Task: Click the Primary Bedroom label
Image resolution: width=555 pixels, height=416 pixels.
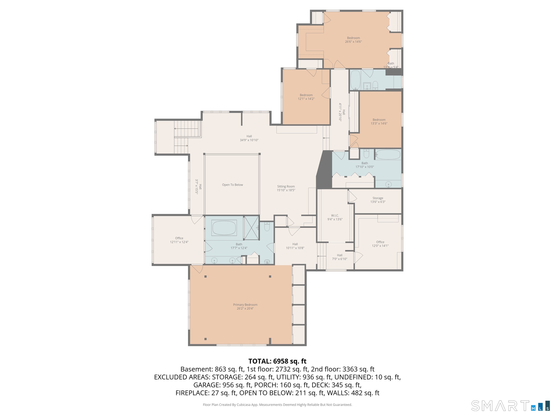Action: click(x=245, y=305)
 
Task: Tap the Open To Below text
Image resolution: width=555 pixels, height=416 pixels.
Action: click(x=232, y=185)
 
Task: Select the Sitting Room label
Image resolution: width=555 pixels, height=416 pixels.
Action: click(x=286, y=186)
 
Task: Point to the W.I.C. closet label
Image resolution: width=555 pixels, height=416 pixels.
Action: click(x=335, y=215)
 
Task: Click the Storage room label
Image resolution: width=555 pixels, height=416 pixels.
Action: click(x=378, y=198)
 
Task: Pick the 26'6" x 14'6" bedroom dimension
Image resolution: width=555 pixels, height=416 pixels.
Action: click(x=353, y=42)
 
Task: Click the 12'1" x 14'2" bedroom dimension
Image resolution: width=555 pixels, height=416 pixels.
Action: click(x=306, y=99)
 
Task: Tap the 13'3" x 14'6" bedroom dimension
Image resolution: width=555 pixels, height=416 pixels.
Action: click(x=379, y=123)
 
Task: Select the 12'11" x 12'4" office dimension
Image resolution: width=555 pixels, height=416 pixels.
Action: click(x=179, y=242)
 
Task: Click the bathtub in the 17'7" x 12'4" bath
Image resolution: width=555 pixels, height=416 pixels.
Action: click(x=224, y=228)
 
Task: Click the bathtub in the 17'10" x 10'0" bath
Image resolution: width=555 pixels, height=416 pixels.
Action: click(x=388, y=155)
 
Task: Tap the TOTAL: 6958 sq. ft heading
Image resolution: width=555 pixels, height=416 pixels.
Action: click(x=277, y=361)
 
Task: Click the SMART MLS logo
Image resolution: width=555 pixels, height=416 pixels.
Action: click(x=510, y=406)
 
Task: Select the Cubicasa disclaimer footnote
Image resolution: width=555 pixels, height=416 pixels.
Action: click(x=277, y=405)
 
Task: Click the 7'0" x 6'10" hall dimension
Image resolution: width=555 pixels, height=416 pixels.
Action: click(x=339, y=259)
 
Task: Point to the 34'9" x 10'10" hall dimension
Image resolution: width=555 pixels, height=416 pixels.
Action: click(x=249, y=140)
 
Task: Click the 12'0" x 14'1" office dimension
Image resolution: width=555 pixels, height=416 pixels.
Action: click(x=380, y=246)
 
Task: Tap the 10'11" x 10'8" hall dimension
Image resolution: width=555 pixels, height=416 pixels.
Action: click(x=295, y=248)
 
